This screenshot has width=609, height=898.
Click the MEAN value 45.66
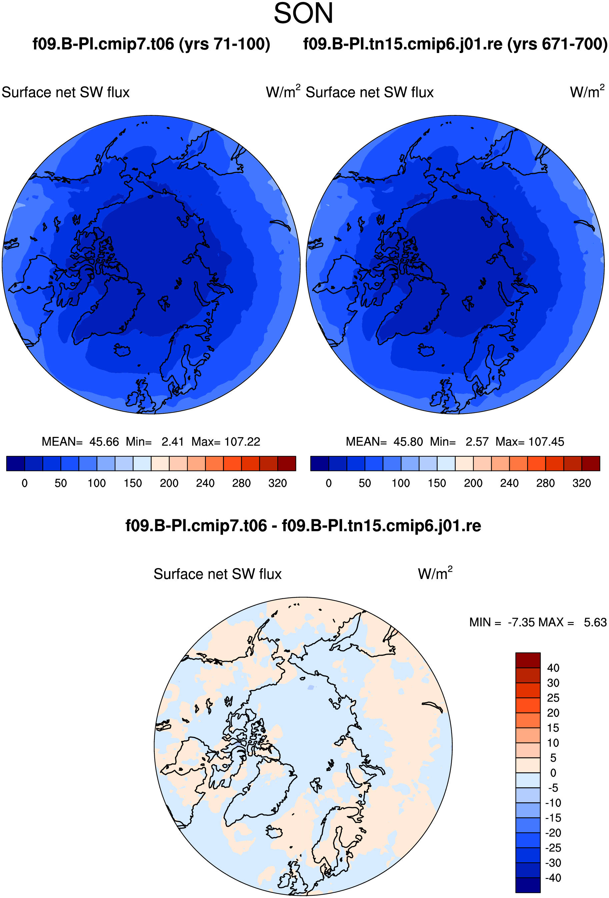tap(104, 442)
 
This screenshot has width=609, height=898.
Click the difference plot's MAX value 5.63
tap(595, 622)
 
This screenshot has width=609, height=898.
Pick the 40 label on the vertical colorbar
tap(553, 668)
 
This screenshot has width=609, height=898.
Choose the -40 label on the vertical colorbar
tap(553, 878)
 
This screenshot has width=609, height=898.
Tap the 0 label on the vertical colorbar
tap(553, 773)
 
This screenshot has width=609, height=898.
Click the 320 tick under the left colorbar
tap(277, 483)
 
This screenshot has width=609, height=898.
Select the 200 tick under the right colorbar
tap(473, 483)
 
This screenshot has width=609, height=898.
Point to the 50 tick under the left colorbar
tap(61, 483)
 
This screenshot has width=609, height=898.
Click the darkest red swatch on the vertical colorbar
tap(528, 660)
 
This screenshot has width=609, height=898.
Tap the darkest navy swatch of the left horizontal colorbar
tap(15, 463)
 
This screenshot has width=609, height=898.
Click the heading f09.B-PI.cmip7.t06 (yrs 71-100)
tap(151, 44)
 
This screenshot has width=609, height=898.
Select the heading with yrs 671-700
tap(455, 44)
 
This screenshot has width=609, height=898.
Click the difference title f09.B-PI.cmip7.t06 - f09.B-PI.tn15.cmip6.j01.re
tap(303, 526)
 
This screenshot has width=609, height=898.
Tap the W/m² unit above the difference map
tap(435, 573)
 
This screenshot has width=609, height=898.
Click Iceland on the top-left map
tap(122, 350)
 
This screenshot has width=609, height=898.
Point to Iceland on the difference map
tap(274, 832)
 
